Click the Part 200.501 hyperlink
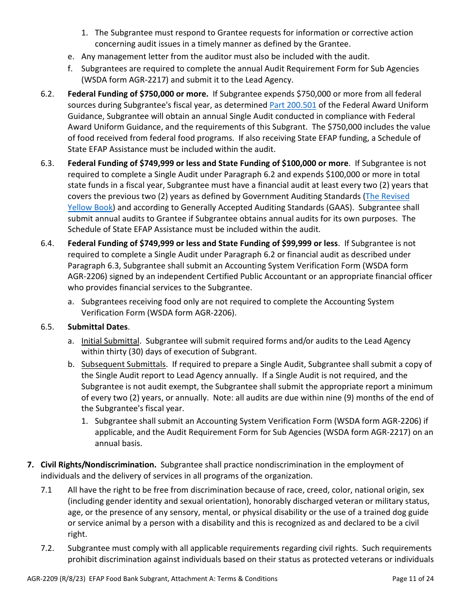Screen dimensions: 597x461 click(293, 105)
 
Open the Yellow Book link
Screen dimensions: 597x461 click(90, 207)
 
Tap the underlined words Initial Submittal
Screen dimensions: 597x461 click(110, 341)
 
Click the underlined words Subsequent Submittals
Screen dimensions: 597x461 click(123, 364)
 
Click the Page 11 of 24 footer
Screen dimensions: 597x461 click(412, 579)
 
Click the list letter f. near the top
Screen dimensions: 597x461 click(70, 68)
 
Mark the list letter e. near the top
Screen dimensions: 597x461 click(71, 56)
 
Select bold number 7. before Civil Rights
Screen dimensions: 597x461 click(30, 464)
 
